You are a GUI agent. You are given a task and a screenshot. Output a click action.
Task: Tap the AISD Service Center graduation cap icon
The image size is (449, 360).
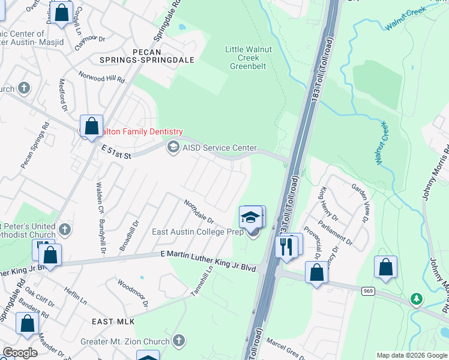click(173, 148)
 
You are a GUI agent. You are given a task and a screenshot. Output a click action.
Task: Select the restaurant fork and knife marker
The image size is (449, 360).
click(286, 246)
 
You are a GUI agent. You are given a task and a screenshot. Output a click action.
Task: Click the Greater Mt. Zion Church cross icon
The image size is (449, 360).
click(178, 341)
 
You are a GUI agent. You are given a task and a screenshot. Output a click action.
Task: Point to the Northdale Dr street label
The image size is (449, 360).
click(199, 211)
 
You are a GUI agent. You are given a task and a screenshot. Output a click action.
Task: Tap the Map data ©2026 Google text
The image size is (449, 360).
click(411, 355)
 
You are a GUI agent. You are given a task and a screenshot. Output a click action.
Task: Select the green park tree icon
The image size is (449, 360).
click(416, 298)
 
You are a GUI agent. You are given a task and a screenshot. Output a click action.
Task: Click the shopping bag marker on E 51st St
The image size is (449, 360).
click(91, 127)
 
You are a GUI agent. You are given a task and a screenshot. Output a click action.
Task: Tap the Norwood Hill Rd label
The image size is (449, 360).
click(103, 76)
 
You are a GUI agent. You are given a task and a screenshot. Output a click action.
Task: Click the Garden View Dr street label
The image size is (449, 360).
click(360, 203)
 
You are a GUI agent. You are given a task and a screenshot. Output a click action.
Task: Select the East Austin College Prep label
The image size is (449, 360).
click(197, 232)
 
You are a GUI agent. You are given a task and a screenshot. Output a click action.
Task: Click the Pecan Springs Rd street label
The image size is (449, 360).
click(34, 147)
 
